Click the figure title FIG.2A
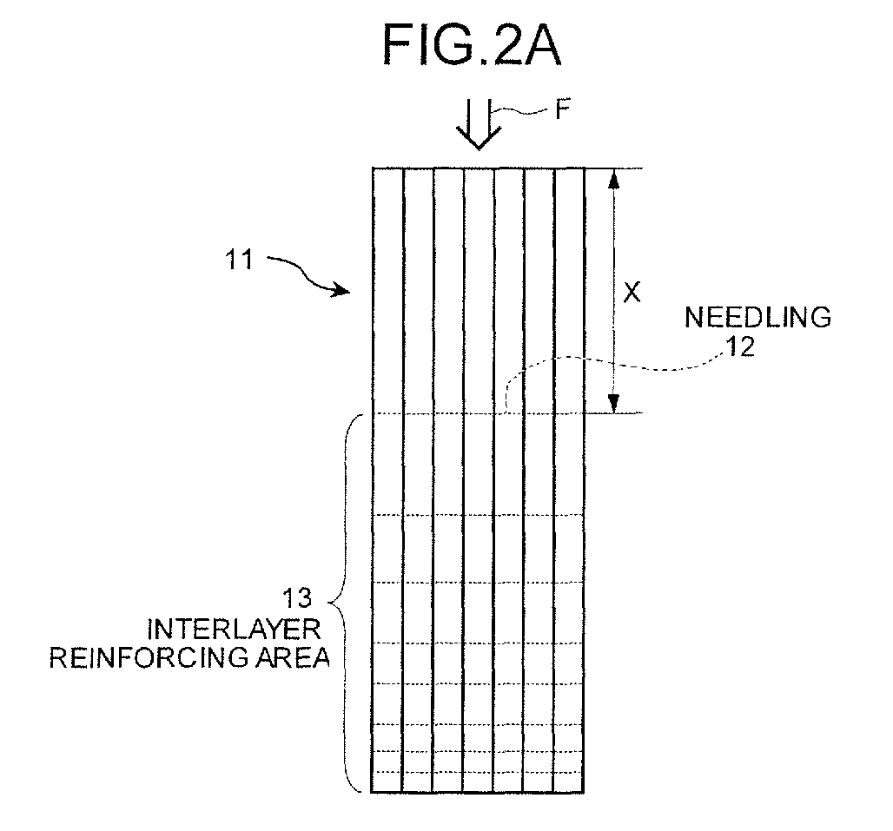click(473, 45)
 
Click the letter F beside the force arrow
click(563, 110)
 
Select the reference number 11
click(239, 261)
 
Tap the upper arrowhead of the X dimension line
click(613, 179)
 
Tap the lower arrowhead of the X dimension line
click(613, 403)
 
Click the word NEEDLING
click(757, 318)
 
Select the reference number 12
click(740, 346)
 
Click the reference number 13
click(297, 598)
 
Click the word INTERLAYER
click(234, 630)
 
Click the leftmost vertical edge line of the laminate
click(373, 480)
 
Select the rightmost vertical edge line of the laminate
click(585, 480)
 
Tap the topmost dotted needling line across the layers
click(479, 414)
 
